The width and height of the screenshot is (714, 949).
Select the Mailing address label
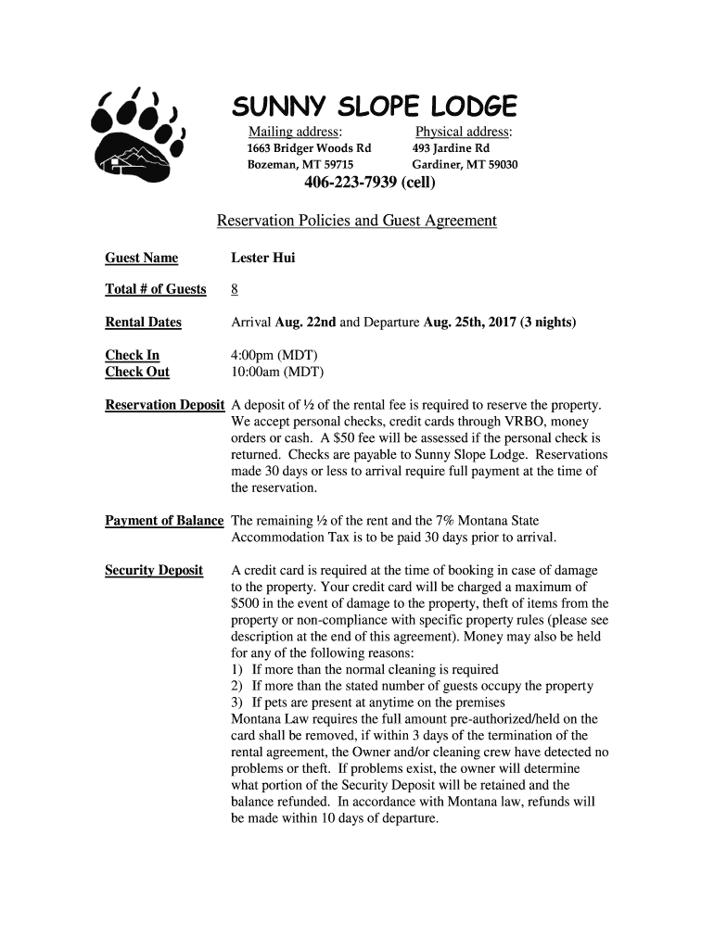click(295, 132)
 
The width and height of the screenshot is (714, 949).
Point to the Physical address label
click(464, 132)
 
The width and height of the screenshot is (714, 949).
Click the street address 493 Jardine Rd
click(452, 148)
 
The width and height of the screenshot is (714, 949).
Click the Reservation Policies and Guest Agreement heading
click(357, 221)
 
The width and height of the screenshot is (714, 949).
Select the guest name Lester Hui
click(263, 258)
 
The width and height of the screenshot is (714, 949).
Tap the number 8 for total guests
click(235, 290)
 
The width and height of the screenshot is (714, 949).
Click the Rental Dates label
click(143, 323)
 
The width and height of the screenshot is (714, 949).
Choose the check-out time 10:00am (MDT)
click(278, 372)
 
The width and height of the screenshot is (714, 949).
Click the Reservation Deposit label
click(165, 405)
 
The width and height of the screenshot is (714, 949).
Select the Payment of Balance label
click(164, 521)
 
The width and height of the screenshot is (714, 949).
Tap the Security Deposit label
click(154, 570)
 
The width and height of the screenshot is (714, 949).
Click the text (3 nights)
click(544, 323)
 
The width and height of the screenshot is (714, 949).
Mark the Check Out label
click(137, 372)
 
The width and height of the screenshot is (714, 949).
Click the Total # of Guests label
click(156, 290)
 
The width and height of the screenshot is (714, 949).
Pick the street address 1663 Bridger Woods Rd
click(308, 148)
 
